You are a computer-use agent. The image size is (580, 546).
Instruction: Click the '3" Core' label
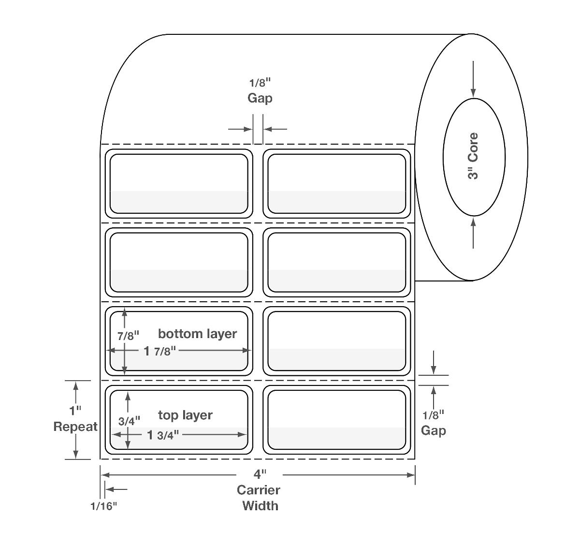(x=473, y=156)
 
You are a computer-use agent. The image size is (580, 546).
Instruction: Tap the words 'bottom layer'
(x=197, y=334)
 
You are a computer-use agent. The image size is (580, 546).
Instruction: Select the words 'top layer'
(x=185, y=415)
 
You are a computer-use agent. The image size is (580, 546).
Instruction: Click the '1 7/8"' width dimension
(x=158, y=351)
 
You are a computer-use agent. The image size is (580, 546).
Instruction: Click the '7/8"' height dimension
(x=128, y=335)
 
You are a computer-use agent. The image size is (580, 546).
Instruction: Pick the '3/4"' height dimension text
(x=129, y=421)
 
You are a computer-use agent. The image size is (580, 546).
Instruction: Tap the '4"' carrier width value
(x=260, y=474)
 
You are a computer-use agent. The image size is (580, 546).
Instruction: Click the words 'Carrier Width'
(x=259, y=498)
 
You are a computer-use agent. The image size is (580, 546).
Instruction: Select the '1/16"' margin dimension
(x=103, y=506)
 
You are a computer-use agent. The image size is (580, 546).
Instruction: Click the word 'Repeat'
(x=75, y=427)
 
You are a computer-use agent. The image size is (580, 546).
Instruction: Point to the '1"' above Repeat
(x=75, y=411)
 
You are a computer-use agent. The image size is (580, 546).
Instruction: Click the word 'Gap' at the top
(x=260, y=98)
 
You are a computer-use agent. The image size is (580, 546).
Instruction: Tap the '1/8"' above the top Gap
(x=260, y=82)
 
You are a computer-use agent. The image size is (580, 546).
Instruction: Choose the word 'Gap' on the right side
(x=433, y=430)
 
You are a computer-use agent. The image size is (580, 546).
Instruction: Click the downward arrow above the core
(x=473, y=77)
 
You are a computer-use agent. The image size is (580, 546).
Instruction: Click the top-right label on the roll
(x=336, y=184)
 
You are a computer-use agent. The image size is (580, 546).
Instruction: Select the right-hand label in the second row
(x=336, y=263)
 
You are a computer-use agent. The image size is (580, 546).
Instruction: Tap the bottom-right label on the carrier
(x=336, y=420)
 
